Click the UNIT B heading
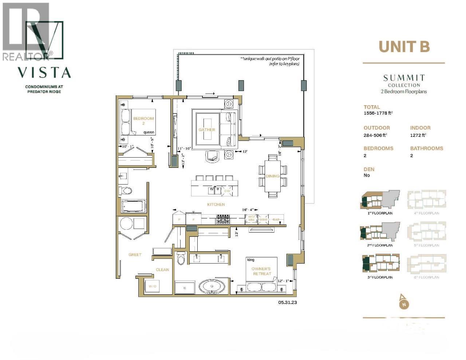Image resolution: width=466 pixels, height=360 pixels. (404, 47)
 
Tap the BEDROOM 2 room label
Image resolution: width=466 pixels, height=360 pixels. (143, 121)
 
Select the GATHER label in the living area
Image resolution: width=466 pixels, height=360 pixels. (207, 130)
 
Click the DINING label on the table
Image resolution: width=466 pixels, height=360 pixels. (272, 176)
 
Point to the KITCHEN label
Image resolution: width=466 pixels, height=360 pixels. (216, 205)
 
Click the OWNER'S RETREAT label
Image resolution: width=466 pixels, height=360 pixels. (261, 271)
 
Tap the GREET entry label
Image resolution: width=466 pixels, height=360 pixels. (135, 254)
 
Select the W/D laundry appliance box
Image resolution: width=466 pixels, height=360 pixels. (153, 286)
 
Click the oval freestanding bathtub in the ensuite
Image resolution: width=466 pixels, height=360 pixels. (213, 286)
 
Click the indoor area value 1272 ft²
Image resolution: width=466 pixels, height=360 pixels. (418, 135)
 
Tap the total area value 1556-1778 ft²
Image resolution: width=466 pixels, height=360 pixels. (378, 113)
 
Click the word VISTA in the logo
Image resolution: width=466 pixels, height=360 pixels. (44, 72)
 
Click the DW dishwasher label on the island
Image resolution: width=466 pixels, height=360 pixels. (227, 191)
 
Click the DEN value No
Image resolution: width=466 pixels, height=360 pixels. (367, 175)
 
